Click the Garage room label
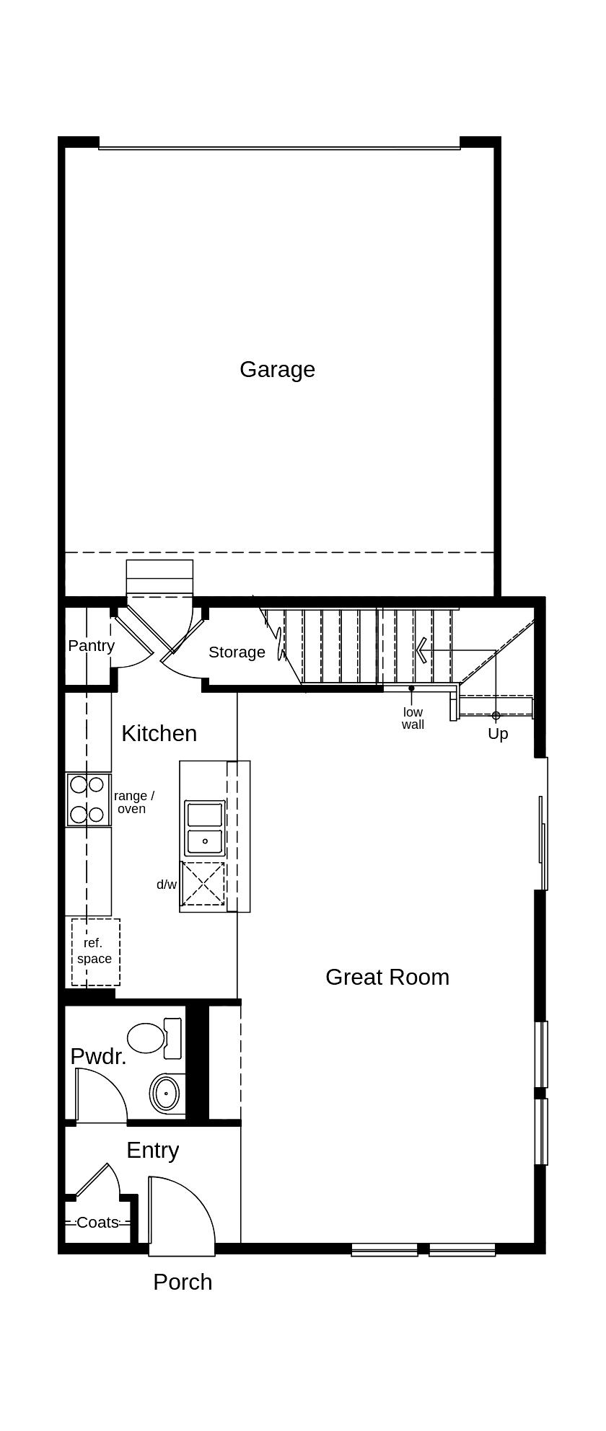tap(277, 369)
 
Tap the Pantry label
tap(91, 645)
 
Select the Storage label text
tap(237, 652)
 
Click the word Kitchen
tap(159, 733)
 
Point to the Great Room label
tap(387, 977)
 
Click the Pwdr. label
tap(98, 1056)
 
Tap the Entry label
tap(152, 1150)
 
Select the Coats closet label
tap(97, 1223)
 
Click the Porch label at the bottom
tap(183, 1282)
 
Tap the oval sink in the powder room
tap(166, 1094)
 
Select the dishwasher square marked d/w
tap(203, 884)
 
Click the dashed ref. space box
tap(95, 952)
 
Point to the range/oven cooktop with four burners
tap(87, 799)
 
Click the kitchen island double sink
tap(205, 827)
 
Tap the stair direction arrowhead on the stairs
tap(421, 650)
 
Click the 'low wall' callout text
tap(413, 718)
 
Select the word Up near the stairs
tap(498, 734)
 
